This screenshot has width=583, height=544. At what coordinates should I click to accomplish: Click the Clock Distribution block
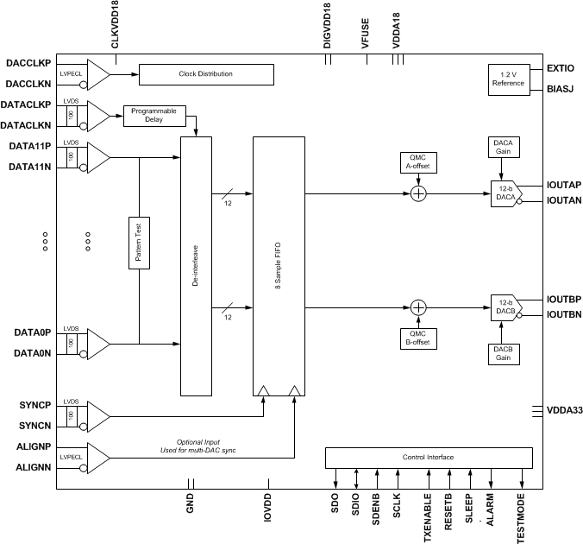click(205, 74)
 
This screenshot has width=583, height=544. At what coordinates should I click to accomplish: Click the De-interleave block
click(197, 265)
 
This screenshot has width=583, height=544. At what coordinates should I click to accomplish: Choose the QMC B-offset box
click(418, 338)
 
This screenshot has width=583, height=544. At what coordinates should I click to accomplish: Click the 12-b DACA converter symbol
click(505, 193)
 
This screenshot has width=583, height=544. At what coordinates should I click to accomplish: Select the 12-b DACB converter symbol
click(505, 308)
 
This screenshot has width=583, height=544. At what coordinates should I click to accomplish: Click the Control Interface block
click(428, 457)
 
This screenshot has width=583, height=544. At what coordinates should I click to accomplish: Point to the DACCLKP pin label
click(28, 64)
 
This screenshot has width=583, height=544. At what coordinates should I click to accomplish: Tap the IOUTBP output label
click(564, 299)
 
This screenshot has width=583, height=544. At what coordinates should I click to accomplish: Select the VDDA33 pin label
click(563, 411)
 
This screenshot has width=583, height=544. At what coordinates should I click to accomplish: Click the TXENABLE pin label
click(427, 517)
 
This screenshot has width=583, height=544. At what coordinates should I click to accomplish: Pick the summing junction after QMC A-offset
click(418, 193)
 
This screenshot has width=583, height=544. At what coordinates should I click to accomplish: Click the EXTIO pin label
click(561, 67)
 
